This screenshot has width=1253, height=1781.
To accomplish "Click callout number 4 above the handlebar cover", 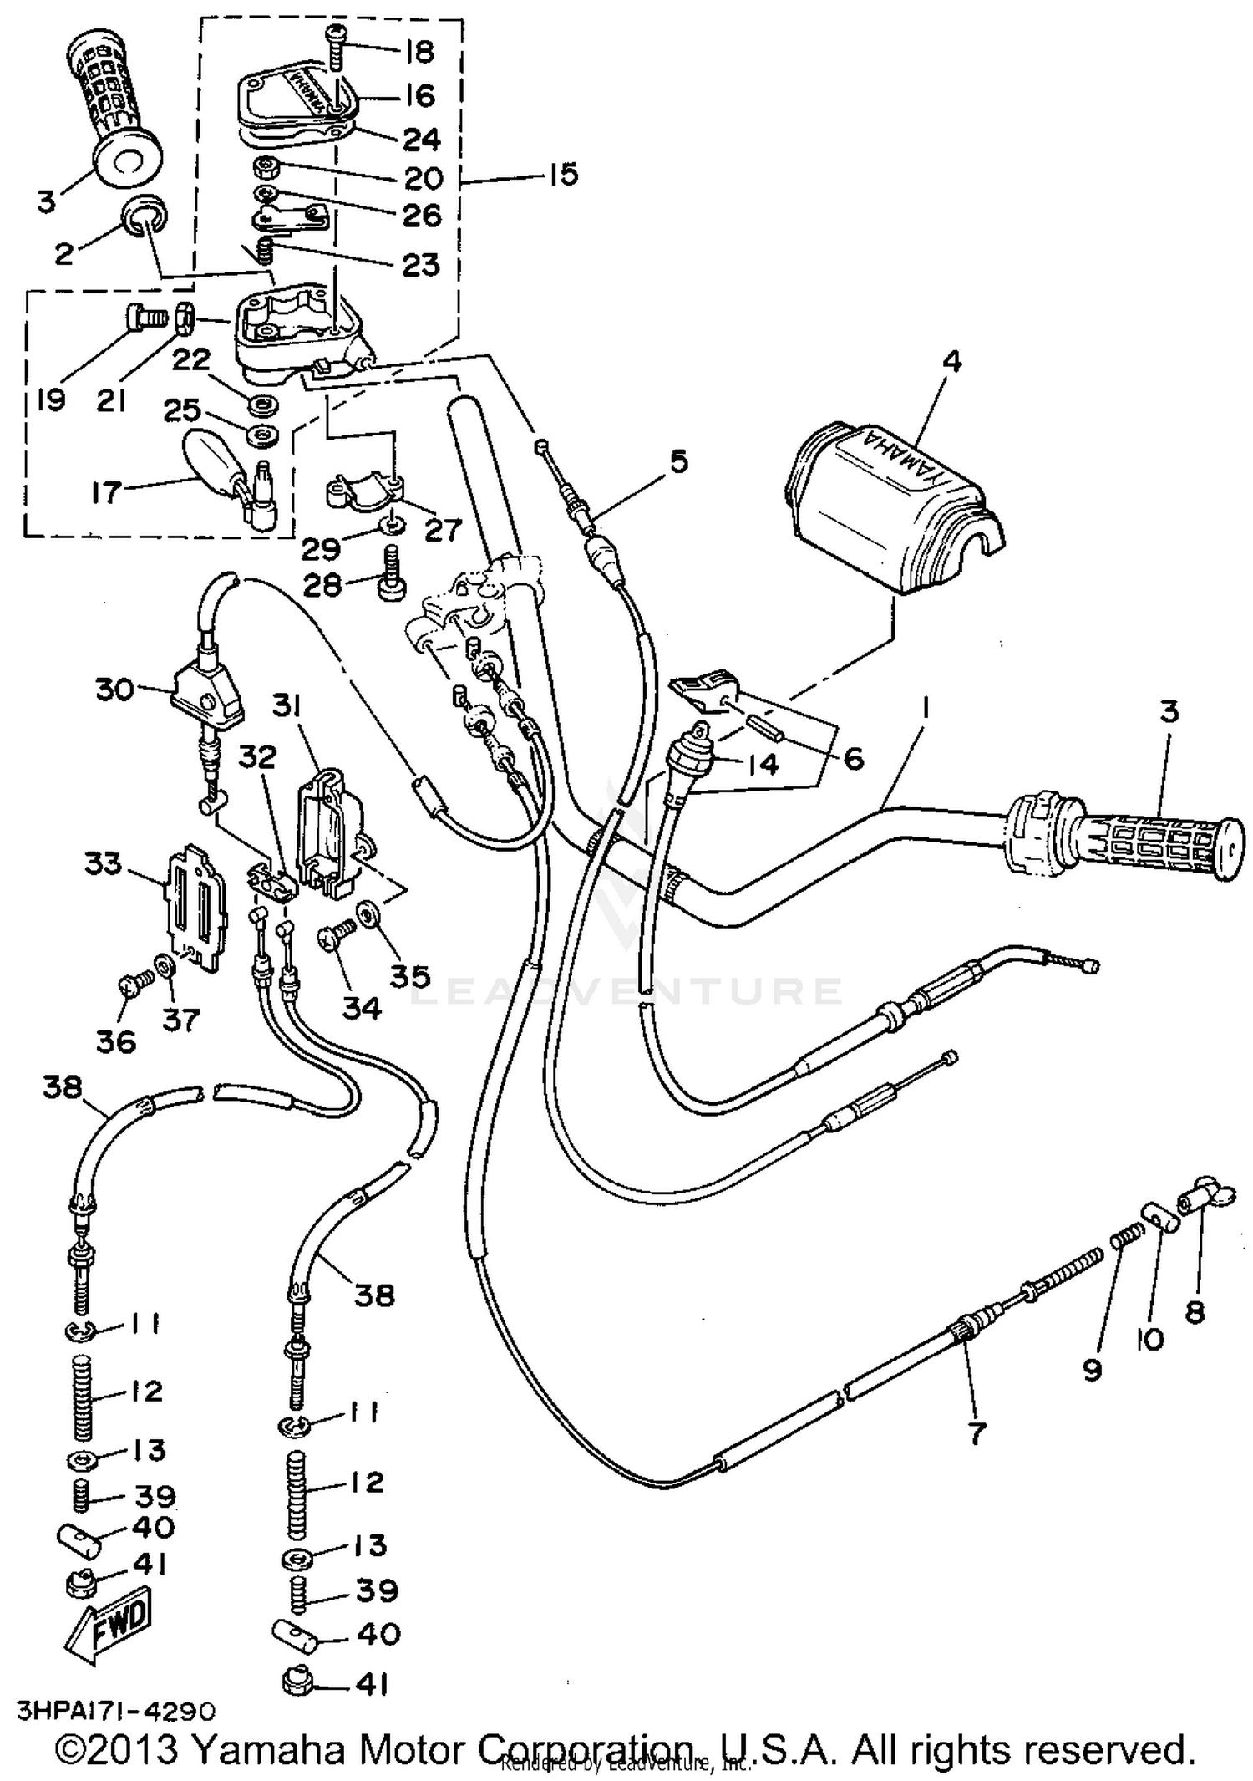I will pyautogui.click(x=951, y=361).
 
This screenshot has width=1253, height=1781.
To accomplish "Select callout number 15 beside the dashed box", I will pyautogui.click(x=563, y=175).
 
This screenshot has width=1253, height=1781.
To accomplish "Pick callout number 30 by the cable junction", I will pyautogui.click(x=114, y=690).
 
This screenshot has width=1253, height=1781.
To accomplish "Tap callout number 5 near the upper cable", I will pyautogui.click(x=677, y=461).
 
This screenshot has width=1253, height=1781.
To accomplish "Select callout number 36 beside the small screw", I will pyautogui.click(x=115, y=1041).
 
